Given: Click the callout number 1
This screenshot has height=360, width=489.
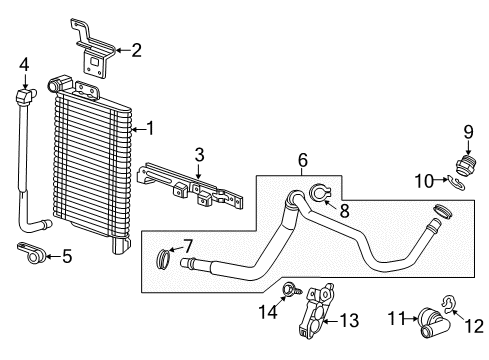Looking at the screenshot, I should coord(151,129).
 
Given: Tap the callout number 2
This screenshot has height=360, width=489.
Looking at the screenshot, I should coord(137,48).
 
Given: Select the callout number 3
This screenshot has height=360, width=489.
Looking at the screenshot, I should coord(199,154).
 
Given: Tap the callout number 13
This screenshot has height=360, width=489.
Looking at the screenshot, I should coord(349,320).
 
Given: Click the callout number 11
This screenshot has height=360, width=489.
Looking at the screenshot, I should coord(395,320).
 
